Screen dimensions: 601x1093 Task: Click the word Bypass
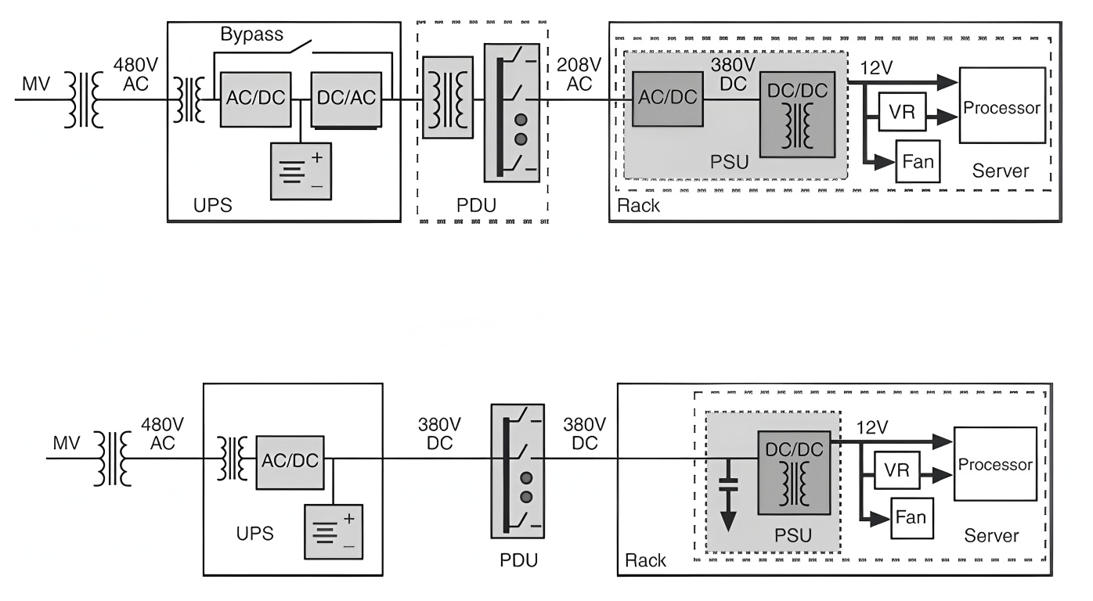tap(251, 35)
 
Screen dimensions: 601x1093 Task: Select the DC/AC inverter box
tap(346, 99)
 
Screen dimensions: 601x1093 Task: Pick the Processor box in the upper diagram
tap(1002, 105)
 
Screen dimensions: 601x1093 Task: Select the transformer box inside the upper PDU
tap(443, 97)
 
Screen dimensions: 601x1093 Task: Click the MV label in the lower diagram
tap(67, 444)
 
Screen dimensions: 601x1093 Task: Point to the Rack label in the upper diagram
tap(639, 206)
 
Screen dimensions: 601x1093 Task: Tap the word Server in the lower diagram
tap(991, 536)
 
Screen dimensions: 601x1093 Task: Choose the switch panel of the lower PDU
tap(517, 471)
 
